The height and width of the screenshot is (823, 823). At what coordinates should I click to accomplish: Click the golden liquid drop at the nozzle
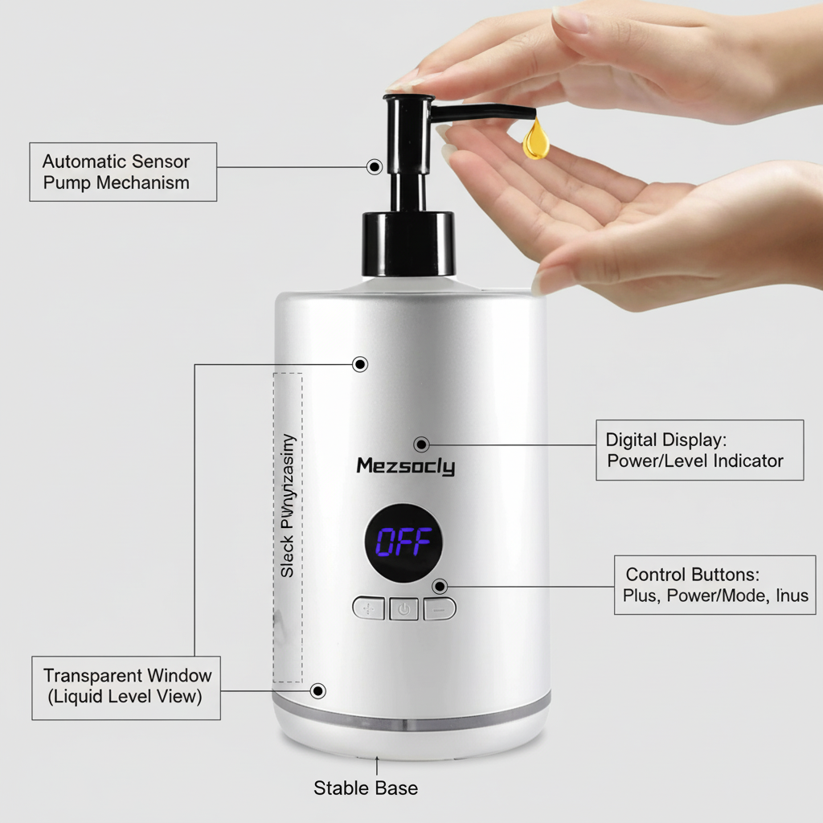coord(536,140)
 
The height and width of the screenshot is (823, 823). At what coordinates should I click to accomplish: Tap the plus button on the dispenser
coord(369,608)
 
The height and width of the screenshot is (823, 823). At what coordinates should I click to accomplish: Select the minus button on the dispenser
coord(440,608)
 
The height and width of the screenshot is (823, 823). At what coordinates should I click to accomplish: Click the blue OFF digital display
coord(403,543)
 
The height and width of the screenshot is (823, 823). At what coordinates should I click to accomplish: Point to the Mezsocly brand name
coord(405,466)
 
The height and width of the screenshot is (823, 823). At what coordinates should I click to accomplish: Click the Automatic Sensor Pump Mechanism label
coord(123,172)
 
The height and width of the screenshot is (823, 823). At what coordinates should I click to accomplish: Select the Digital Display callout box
coord(699,450)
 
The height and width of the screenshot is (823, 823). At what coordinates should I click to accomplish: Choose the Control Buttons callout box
coord(714,585)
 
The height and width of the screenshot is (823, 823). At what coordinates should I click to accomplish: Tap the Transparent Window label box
coord(126,686)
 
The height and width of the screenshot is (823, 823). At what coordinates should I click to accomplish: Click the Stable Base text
coord(366,788)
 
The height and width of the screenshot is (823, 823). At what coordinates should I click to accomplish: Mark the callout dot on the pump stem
coord(374,166)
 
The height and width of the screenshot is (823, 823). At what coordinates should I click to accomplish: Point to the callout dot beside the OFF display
coord(439,586)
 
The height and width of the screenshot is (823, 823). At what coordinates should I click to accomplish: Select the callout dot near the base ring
coord(318,690)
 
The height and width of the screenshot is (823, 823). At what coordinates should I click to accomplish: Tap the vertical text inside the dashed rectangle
coord(288,506)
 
